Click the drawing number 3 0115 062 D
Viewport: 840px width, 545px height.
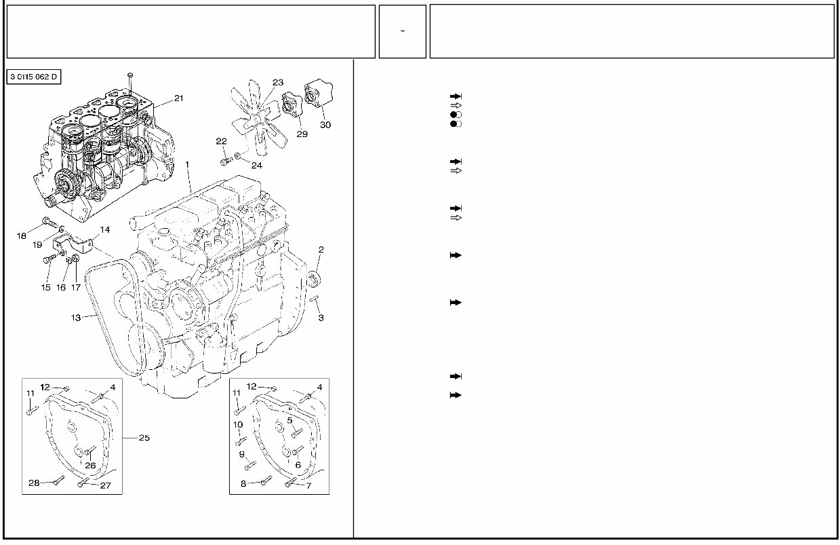pos(34,77)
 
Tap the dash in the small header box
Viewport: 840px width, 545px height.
pos(403,31)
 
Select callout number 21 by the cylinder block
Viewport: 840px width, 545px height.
pos(178,98)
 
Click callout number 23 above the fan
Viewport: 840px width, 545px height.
pos(278,82)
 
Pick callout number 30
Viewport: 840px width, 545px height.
pos(325,125)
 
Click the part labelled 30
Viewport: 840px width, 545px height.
pos(317,96)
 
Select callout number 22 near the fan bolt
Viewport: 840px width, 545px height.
pos(221,141)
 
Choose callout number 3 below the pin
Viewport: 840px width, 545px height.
pos(321,318)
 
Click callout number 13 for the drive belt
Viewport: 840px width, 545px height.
pos(76,317)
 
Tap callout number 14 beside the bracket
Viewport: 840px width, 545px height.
pos(104,229)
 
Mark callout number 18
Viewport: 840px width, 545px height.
pos(22,236)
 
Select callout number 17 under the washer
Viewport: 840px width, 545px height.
pos(76,287)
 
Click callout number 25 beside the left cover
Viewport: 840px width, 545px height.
pos(144,438)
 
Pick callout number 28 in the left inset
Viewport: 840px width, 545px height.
pos(35,483)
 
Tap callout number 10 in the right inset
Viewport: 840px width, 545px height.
pos(238,425)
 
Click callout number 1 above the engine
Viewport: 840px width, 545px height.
pos(188,164)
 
